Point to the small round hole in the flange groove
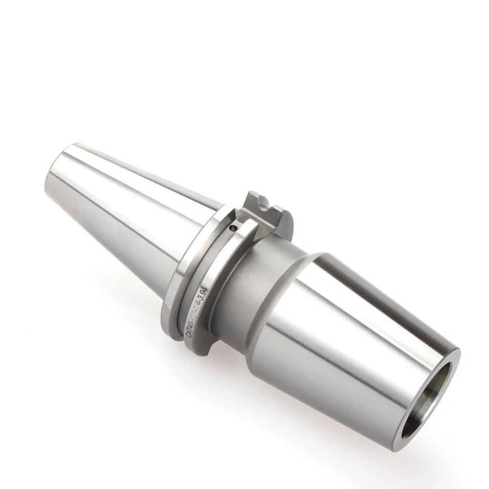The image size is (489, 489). [232, 229]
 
